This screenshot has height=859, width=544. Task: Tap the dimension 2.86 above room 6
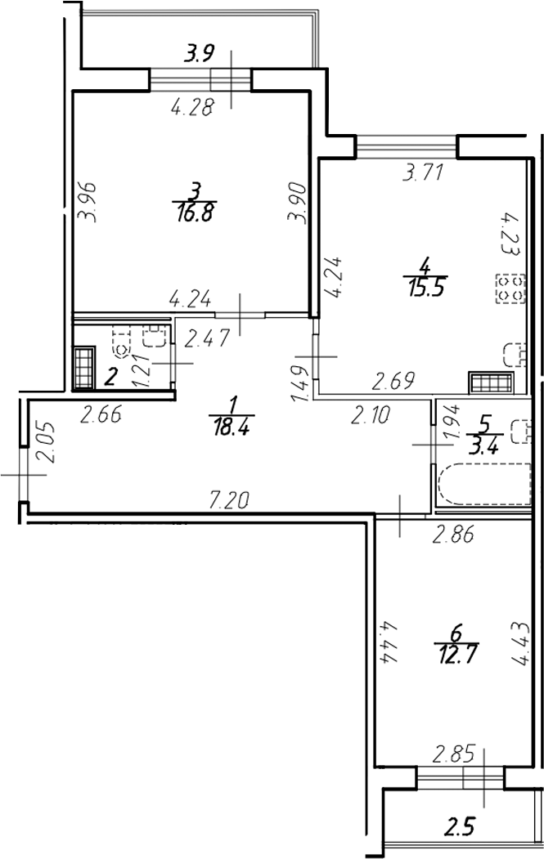tap(453, 535)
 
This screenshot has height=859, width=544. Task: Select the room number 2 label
tap(111, 376)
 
